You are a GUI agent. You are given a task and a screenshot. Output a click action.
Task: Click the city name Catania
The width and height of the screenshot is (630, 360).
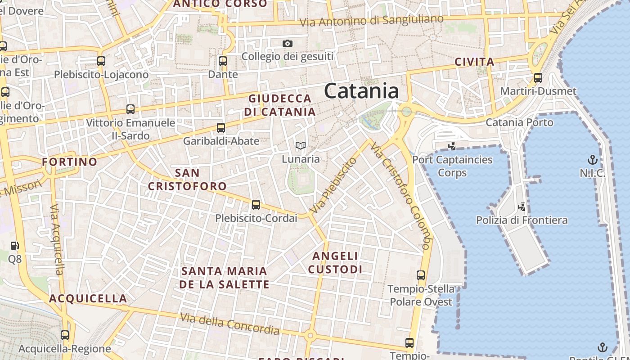(361, 91)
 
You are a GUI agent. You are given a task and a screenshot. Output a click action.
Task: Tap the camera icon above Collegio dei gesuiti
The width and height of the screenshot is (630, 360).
(288, 44)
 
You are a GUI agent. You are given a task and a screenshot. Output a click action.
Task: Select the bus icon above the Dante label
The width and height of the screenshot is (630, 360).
(222, 61)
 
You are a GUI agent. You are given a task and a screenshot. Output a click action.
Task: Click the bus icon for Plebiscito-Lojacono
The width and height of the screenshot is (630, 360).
(101, 61)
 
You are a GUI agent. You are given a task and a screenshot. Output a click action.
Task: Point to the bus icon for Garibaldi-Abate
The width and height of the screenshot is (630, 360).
(220, 128)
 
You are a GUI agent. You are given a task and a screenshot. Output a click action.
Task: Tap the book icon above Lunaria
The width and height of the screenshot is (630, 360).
(301, 145)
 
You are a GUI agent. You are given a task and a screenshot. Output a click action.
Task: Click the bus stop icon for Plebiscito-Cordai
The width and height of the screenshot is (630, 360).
(256, 205)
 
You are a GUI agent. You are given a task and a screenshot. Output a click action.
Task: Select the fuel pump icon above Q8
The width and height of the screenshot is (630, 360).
(15, 246)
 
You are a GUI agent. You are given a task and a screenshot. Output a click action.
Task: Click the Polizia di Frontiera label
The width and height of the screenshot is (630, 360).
(522, 220)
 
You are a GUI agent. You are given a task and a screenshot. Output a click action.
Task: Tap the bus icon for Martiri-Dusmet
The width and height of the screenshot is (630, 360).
(538, 78)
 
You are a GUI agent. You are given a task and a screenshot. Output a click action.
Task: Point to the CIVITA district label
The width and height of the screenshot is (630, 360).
(474, 62)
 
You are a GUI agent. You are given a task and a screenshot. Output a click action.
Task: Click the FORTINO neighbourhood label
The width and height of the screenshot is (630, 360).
(69, 162)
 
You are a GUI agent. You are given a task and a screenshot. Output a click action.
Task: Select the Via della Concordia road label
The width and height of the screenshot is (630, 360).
(229, 324)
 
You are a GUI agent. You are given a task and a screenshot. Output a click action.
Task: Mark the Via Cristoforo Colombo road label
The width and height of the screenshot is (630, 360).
(401, 196)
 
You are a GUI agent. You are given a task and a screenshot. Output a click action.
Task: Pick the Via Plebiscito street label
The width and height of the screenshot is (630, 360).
(333, 185)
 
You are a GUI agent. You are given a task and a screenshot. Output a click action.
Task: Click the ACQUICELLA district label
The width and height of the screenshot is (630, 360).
(88, 298)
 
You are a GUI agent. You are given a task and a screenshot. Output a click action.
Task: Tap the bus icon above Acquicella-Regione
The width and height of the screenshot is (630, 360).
(65, 335)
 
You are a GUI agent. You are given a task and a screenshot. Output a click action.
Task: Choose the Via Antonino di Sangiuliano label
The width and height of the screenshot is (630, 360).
(371, 21)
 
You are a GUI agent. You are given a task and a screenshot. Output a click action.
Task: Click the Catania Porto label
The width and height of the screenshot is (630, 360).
(519, 122)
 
